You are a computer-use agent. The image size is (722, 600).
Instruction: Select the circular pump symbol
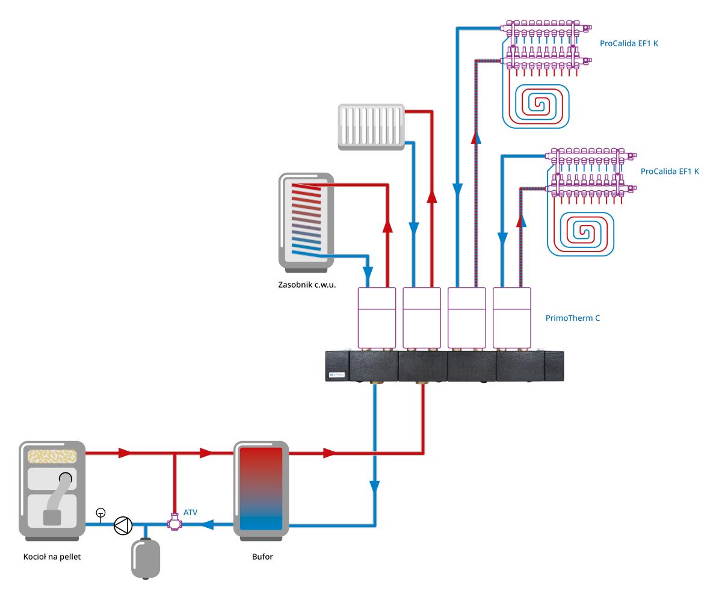pos(123,525)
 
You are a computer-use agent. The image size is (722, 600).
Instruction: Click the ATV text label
pos(190,512)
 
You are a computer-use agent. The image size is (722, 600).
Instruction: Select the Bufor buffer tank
pos(261,489)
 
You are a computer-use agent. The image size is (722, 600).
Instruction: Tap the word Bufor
pos(262,556)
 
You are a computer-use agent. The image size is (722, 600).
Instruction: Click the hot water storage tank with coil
pos(306,220)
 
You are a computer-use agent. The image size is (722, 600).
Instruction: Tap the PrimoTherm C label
pos(573,318)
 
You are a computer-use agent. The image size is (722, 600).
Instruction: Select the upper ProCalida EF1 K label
pos(629,43)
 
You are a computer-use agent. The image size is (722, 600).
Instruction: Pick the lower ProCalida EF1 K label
pos(670,172)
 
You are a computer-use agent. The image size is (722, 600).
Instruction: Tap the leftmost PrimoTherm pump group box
pos(377,318)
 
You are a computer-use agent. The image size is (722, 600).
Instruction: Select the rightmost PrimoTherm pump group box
pos(511,318)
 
